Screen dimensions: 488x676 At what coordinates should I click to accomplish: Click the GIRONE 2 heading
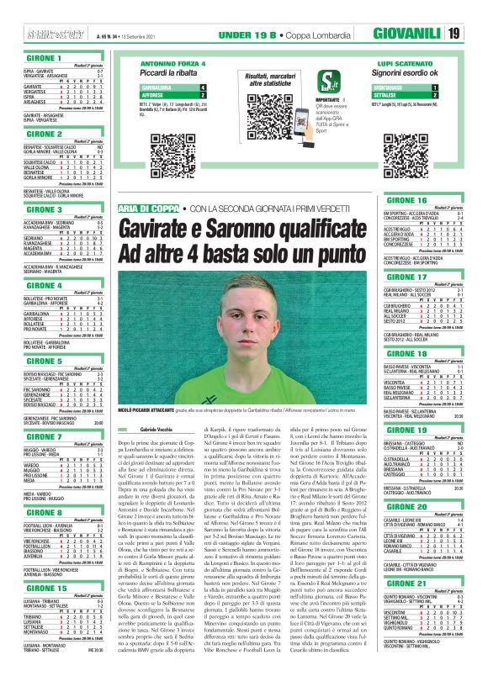click(x=45, y=134)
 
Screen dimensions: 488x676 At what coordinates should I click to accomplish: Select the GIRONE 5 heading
click(x=45, y=361)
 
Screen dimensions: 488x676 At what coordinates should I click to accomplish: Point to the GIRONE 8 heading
click(x=45, y=504)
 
